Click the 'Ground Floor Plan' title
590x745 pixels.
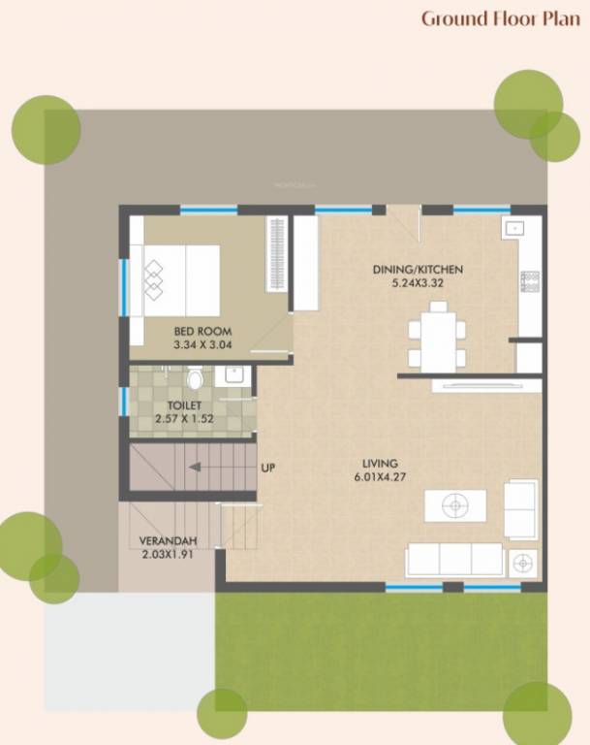(500, 18)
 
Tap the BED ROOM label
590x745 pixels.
(202, 331)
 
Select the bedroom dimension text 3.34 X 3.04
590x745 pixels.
(202, 344)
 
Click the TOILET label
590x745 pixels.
(183, 405)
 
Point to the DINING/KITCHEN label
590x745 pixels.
(419, 270)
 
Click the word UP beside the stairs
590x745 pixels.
(268, 469)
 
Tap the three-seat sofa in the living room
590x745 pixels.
(454, 560)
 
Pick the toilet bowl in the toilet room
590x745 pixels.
(195, 377)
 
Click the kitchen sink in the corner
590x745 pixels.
(513, 229)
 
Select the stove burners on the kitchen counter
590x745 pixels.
(529, 281)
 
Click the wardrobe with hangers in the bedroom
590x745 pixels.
(277, 252)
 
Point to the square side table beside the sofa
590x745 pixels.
(524, 562)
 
